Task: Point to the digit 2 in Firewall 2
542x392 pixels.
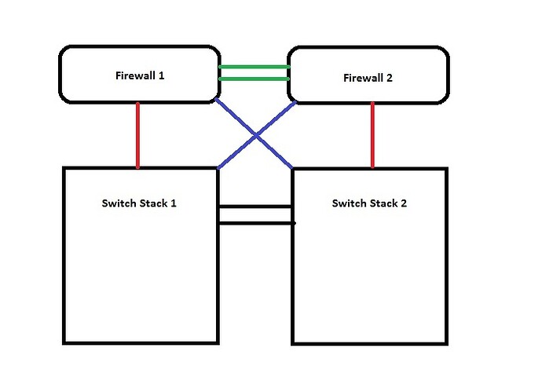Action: click(x=392, y=78)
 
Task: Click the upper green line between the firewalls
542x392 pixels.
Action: click(x=254, y=67)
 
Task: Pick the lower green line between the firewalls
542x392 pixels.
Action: click(x=254, y=79)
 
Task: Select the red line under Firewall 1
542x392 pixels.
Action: click(x=138, y=135)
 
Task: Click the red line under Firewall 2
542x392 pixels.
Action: click(x=372, y=135)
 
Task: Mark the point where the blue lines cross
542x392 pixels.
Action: click(x=255, y=135)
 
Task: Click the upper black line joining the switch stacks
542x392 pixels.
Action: click(x=255, y=207)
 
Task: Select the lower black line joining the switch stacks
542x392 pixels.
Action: click(x=255, y=223)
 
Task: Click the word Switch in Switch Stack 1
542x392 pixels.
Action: click(x=119, y=203)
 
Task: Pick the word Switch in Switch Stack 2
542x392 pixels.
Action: click(x=349, y=203)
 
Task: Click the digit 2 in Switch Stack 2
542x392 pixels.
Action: click(x=404, y=203)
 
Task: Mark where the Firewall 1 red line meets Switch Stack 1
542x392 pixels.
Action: click(x=138, y=167)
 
